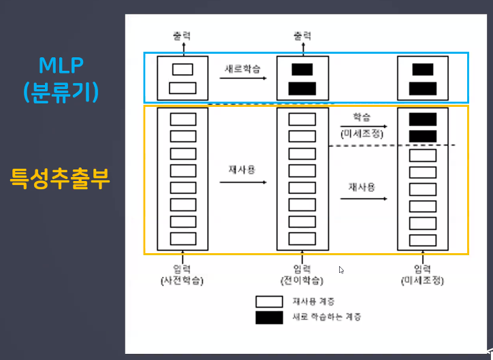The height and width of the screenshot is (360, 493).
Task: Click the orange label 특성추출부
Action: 60,180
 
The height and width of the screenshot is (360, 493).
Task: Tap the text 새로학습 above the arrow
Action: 242,69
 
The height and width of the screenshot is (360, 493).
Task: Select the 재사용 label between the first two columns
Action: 242,169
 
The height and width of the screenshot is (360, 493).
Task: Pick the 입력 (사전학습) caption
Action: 182,274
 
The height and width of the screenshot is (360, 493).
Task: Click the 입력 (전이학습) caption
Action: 302,274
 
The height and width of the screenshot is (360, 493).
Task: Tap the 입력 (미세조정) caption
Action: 422,274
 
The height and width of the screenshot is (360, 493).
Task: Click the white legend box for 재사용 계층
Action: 269,301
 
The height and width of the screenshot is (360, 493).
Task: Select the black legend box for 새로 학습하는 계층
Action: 269,317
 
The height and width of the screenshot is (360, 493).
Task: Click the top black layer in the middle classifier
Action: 302,69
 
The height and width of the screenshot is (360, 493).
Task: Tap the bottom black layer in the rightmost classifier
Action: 422,88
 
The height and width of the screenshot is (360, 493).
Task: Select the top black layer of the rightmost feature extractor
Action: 422,119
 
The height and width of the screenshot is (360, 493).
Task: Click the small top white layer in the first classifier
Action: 182,69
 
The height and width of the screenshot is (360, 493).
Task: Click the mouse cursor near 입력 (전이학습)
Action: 341,269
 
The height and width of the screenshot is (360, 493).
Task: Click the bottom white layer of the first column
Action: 182,238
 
